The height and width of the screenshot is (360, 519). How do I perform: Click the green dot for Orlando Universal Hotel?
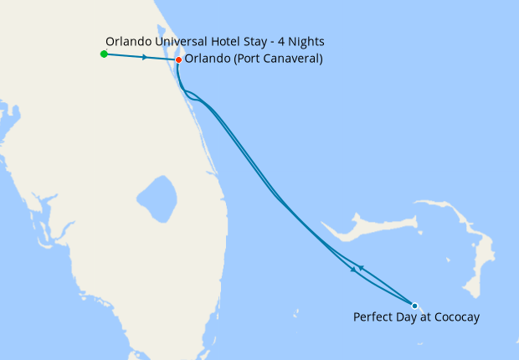(103, 54)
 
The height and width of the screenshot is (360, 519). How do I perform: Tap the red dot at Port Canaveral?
(178, 59)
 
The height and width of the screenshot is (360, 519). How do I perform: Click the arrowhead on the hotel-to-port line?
(146, 58)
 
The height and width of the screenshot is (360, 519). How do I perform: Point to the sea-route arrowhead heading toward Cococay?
(352, 271)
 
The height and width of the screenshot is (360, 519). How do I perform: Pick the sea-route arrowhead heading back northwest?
(360, 268)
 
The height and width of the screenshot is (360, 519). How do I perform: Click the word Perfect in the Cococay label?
(373, 317)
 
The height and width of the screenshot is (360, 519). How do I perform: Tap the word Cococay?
(455, 317)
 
